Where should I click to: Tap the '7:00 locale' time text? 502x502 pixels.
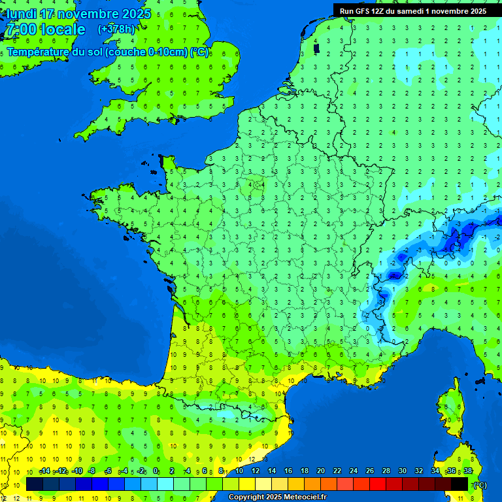click(44, 29)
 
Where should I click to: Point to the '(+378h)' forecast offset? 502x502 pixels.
click(116, 29)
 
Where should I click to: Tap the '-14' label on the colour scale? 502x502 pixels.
click(45, 471)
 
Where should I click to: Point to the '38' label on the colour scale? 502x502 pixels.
click(467, 471)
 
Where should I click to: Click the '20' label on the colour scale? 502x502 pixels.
click(320, 471)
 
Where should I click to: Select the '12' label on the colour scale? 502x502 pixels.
click(255, 471)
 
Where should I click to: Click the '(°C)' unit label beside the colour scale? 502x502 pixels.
click(480, 485)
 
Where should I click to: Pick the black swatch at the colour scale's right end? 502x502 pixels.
click(460, 484)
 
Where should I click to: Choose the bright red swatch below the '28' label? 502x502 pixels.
click(378, 484)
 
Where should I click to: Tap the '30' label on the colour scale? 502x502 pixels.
click(402, 471)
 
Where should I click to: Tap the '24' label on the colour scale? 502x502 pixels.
click(353, 471)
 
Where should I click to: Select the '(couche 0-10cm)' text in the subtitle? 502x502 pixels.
click(146, 52)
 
